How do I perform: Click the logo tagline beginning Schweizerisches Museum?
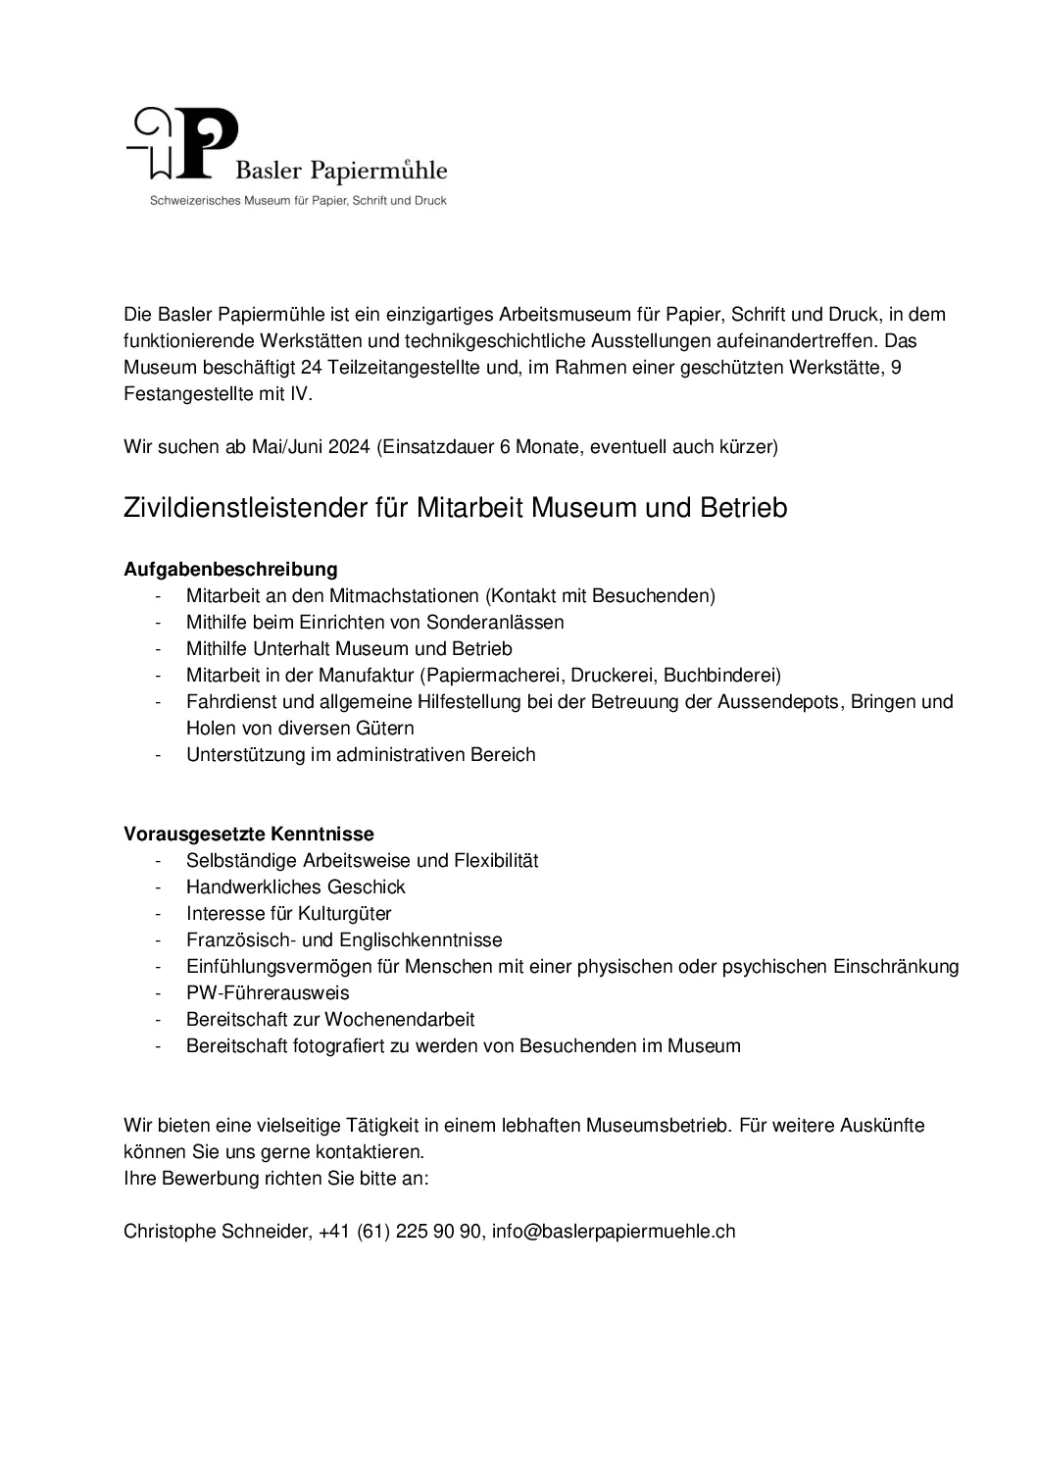coord(297,201)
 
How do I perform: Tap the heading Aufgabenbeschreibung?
coord(230,569)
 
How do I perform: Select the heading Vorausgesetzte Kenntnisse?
coord(249,834)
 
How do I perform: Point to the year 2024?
coord(350,447)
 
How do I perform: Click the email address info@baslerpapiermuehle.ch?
coord(614,1231)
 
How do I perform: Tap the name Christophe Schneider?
coord(216,1231)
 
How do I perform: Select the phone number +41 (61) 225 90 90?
coord(400,1231)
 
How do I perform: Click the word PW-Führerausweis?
coord(268,992)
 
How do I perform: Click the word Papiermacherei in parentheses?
coord(493,675)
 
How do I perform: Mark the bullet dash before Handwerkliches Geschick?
coord(157,886)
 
